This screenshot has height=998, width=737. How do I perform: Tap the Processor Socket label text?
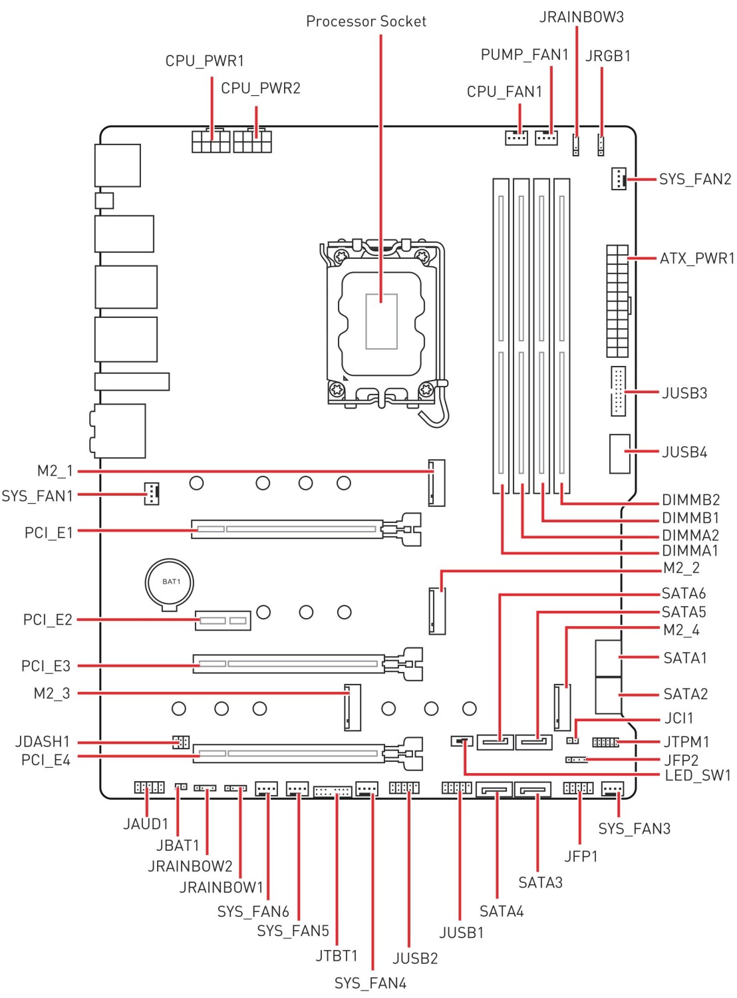[x=366, y=21]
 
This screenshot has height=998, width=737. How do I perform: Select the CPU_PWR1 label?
[x=204, y=61]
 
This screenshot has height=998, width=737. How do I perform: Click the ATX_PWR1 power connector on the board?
[x=617, y=301]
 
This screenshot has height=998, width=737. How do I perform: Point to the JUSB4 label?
[x=684, y=452]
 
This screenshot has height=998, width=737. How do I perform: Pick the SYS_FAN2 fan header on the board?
[x=618, y=178]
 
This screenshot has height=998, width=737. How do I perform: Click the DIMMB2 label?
[x=690, y=500]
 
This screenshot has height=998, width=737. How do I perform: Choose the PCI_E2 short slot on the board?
[x=223, y=621]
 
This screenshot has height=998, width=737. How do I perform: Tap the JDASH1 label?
[x=43, y=741]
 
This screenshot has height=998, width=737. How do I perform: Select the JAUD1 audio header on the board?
[x=149, y=787]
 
